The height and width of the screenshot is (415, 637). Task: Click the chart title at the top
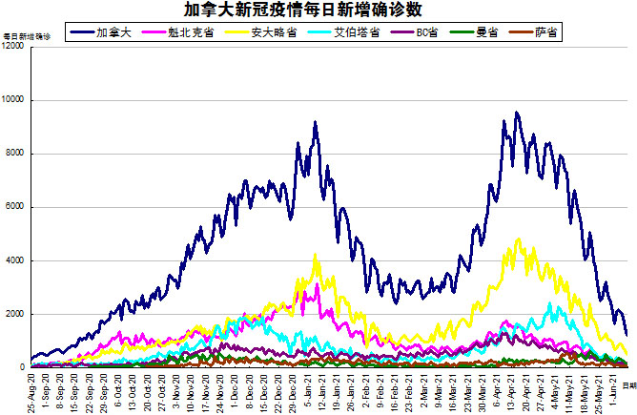pyautogui.click(x=318, y=10)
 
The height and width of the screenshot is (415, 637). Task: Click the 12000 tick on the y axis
pyautogui.click(x=14, y=47)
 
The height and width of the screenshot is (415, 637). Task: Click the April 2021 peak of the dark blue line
pyautogui.click(x=517, y=113)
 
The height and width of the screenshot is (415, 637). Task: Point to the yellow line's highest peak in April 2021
pyautogui.click(x=519, y=239)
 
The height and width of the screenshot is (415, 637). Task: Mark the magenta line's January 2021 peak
pyautogui.click(x=318, y=283)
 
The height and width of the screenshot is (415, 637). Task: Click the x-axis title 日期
pyautogui.click(x=629, y=384)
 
